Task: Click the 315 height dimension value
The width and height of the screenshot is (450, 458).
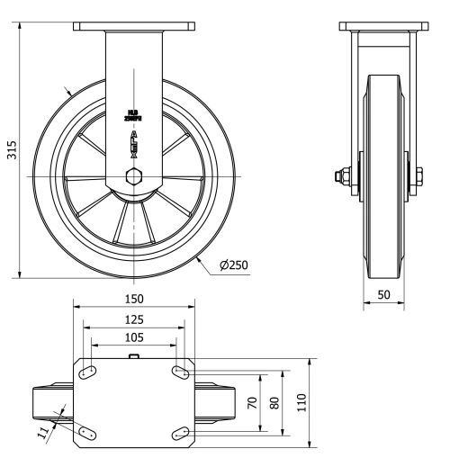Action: click(x=12, y=150)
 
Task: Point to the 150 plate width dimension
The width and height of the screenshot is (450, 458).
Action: click(x=134, y=298)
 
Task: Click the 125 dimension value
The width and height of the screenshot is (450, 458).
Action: click(x=134, y=319)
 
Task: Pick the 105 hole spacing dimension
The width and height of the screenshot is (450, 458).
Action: click(x=134, y=338)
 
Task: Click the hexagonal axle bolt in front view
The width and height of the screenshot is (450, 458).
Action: click(x=134, y=175)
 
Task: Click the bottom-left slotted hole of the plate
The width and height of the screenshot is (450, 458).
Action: click(x=88, y=434)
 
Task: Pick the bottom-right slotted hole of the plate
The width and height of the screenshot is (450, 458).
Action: click(x=180, y=434)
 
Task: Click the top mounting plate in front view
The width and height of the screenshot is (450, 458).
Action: click(x=134, y=27)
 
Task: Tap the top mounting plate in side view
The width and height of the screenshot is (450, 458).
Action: click(x=382, y=27)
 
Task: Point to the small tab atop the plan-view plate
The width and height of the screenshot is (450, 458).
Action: click(x=134, y=357)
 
